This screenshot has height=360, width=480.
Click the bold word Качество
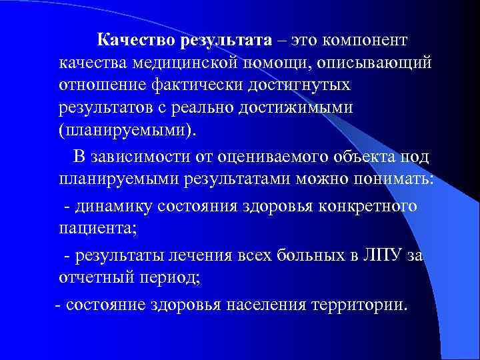coord(135,40)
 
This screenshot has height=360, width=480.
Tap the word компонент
coord(367,40)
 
